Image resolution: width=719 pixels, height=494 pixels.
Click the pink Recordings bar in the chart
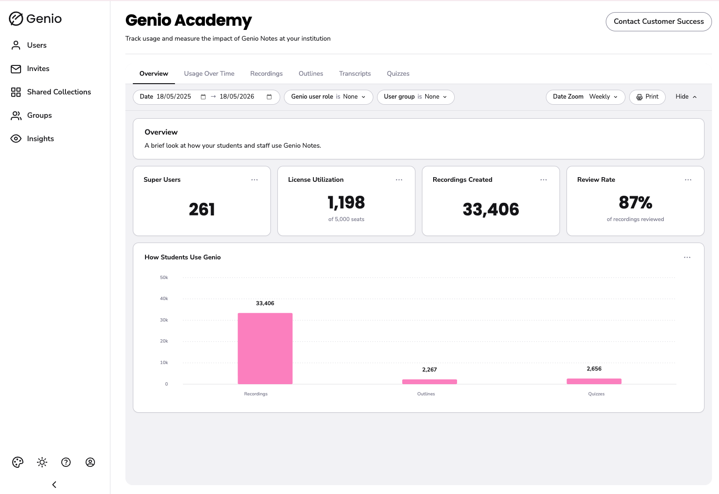pyautogui.click(x=265, y=348)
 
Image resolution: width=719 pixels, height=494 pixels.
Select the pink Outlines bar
pyautogui.click(x=429, y=382)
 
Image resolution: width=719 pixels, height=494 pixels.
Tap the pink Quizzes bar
pyautogui.click(x=594, y=381)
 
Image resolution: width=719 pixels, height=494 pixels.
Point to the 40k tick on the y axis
pyautogui.click(x=164, y=299)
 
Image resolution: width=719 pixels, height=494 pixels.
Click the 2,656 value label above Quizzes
pyautogui.click(x=594, y=369)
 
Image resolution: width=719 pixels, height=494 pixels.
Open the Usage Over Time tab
pyautogui.click(x=209, y=73)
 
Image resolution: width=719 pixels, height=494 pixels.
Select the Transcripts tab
pyautogui.click(x=355, y=73)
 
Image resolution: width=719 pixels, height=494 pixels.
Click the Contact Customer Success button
pyautogui.click(x=659, y=21)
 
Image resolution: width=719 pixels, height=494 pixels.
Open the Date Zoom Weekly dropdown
pyautogui.click(x=586, y=97)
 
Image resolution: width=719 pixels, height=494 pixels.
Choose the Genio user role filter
pyautogui.click(x=328, y=97)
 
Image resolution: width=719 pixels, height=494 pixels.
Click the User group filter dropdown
pyautogui.click(x=416, y=97)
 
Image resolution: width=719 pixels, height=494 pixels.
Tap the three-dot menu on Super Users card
pyautogui.click(x=254, y=180)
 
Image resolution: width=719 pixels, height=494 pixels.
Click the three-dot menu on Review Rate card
pyautogui.click(x=688, y=180)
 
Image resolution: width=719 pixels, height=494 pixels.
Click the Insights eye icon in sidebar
pyautogui.click(x=16, y=139)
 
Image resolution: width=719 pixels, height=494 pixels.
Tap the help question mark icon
pyautogui.click(x=66, y=462)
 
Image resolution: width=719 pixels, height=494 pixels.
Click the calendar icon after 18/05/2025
pyautogui.click(x=203, y=97)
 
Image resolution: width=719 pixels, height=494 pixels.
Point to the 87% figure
pyautogui.click(x=635, y=202)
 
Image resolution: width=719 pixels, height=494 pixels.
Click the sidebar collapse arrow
pyautogui.click(x=54, y=484)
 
